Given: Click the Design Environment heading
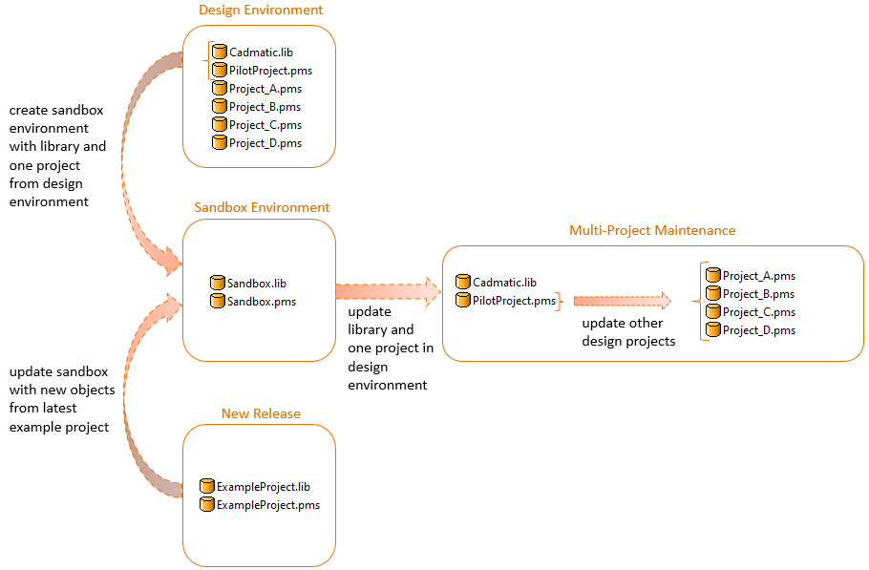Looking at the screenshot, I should click(261, 11).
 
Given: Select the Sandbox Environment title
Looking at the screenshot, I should click(262, 207).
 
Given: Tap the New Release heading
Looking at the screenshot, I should click(261, 413).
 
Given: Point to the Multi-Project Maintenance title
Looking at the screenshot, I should click(652, 230).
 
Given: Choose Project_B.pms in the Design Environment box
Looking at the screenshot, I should click(265, 107).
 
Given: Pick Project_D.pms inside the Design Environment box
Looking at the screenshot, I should click(265, 143).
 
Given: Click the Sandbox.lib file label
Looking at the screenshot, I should click(256, 284).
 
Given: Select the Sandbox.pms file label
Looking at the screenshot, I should click(261, 302).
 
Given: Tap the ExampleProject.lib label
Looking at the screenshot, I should click(263, 487).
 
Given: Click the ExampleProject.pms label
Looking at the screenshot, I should click(267, 505).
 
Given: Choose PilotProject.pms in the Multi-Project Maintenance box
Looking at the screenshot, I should click(514, 301).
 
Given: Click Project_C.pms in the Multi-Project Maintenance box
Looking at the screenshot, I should click(758, 312).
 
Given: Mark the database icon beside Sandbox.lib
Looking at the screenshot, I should click(218, 284).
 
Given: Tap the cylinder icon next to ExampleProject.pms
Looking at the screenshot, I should click(206, 505).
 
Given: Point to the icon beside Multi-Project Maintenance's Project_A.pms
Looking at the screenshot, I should click(712, 276).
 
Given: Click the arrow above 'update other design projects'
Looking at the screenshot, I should click(622, 301).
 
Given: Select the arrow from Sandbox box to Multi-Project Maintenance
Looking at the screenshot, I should click(386, 290).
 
